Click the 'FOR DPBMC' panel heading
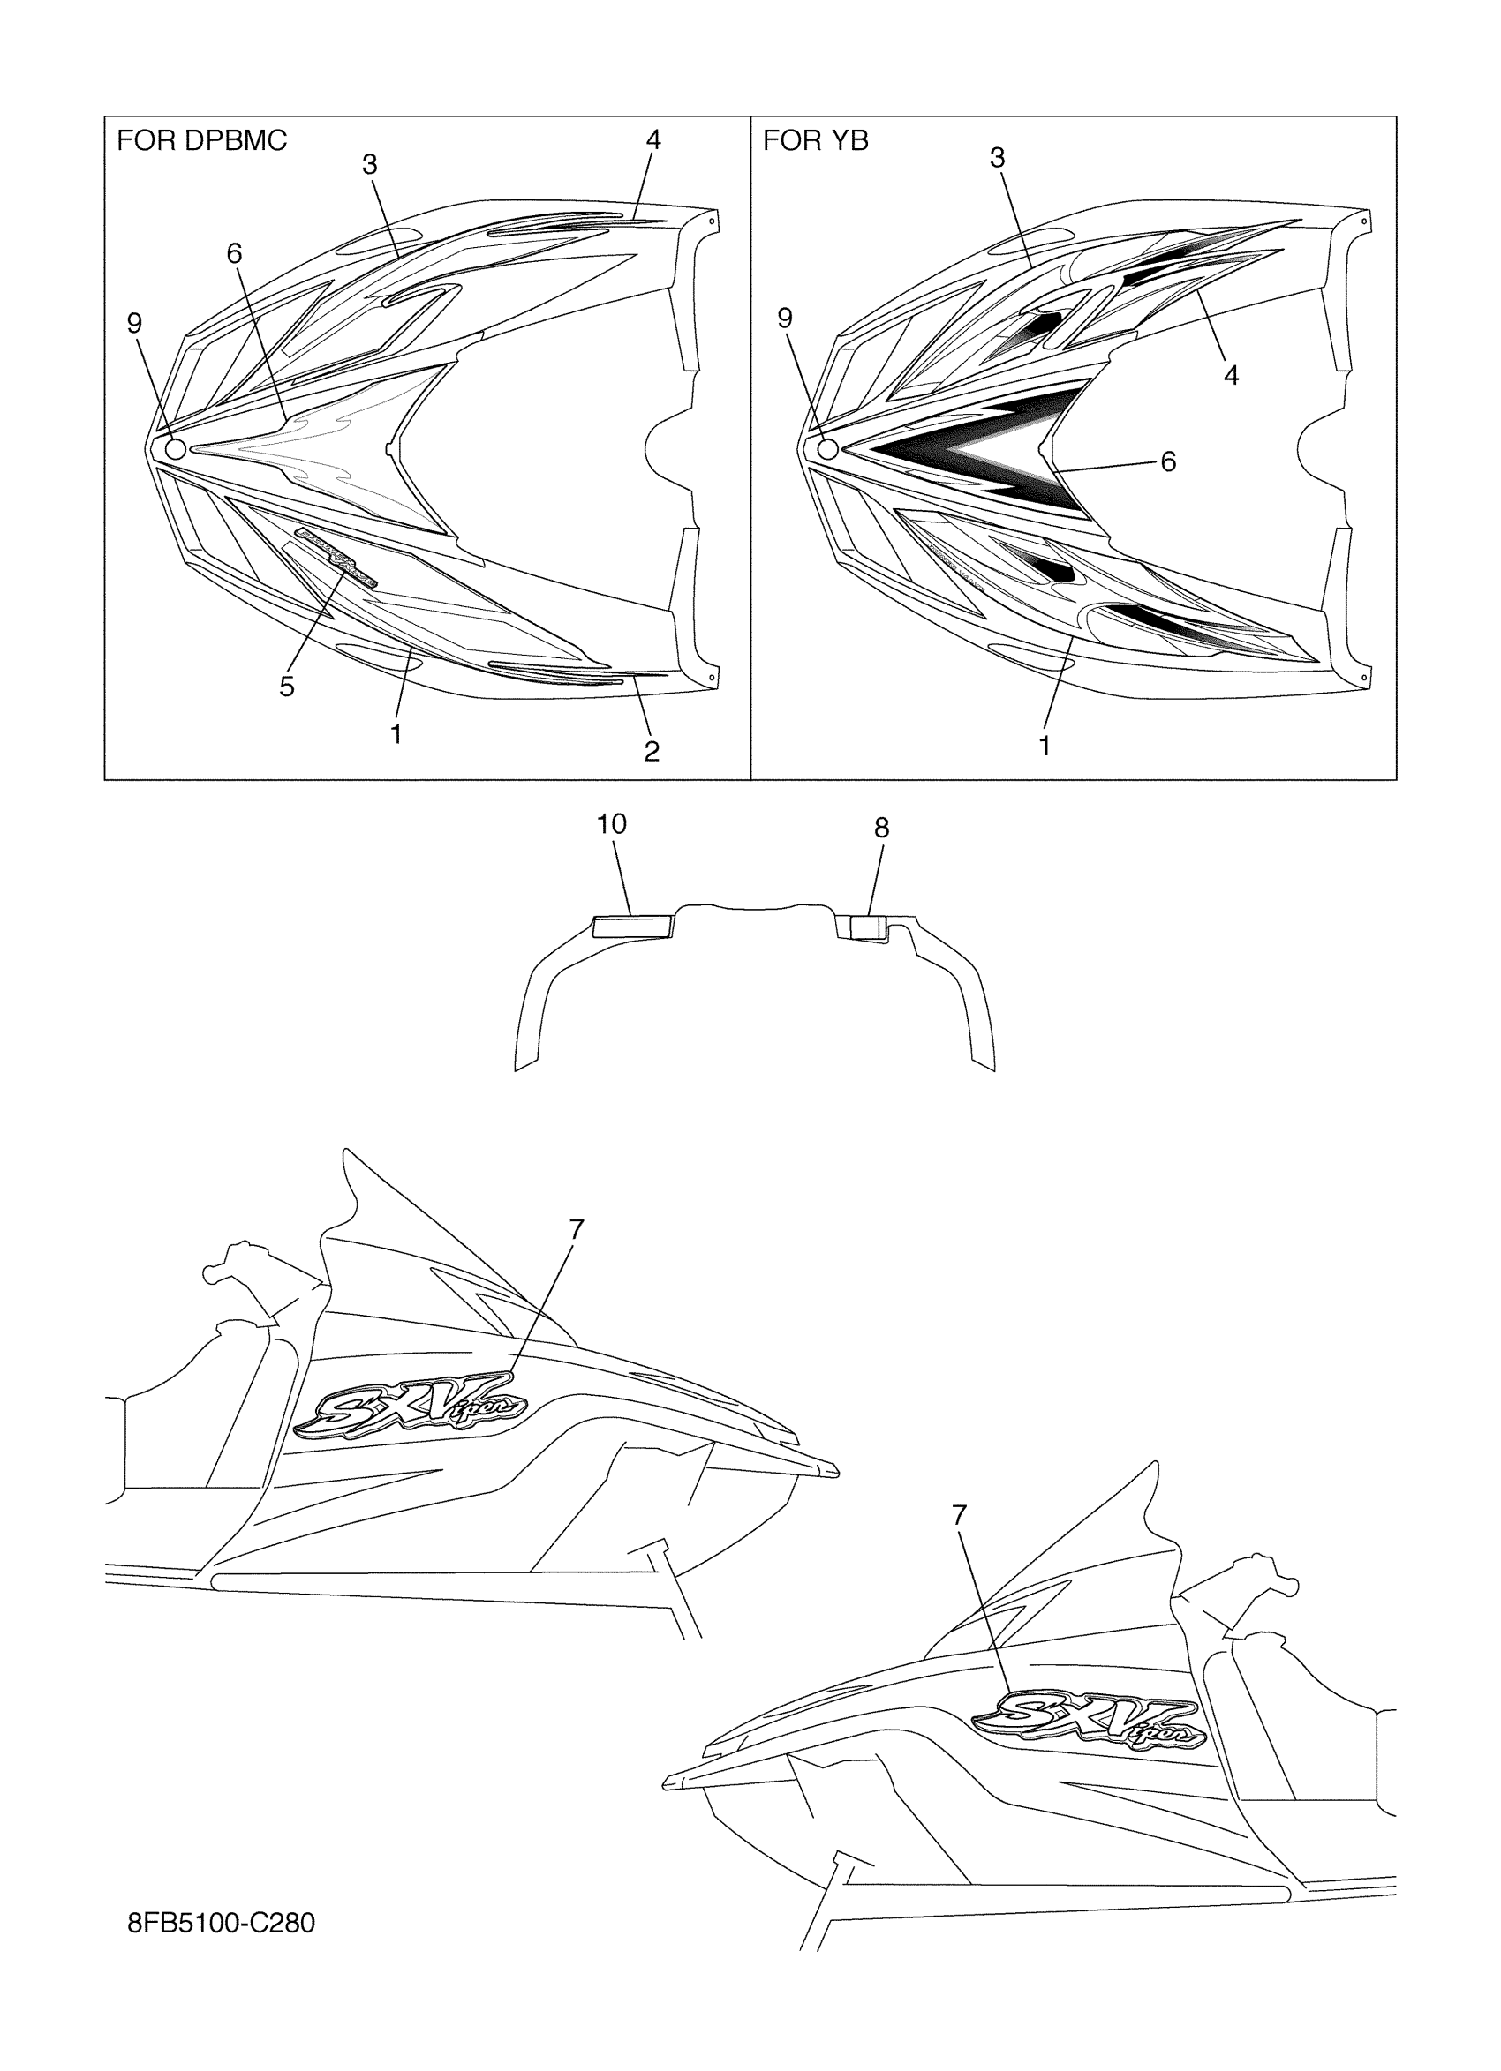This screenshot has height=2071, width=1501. click(201, 140)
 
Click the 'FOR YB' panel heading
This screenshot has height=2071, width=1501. click(815, 140)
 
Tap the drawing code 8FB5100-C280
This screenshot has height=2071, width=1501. click(221, 1923)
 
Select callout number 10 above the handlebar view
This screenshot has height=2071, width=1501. click(611, 824)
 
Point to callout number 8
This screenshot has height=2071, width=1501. click(880, 829)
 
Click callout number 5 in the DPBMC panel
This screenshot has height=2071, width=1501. click(287, 687)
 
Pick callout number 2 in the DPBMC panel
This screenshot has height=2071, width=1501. click(652, 752)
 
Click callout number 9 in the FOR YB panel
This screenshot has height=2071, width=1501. click(785, 318)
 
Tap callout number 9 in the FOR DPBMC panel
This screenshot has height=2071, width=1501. click(134, 322)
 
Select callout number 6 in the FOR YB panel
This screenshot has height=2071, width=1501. click(1167, 462)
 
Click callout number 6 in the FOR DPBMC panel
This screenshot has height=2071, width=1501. click(235, 254)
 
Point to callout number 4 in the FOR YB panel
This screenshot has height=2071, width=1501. click(1231, 374)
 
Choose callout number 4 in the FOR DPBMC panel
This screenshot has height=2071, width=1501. click(652, 139)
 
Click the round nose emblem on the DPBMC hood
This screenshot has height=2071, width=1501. click(175, 448)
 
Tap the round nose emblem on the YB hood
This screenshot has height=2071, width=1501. click(827, 448)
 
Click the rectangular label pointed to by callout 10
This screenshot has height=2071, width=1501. click(632, 927)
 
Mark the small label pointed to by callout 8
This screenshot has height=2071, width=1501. click(868, 927)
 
